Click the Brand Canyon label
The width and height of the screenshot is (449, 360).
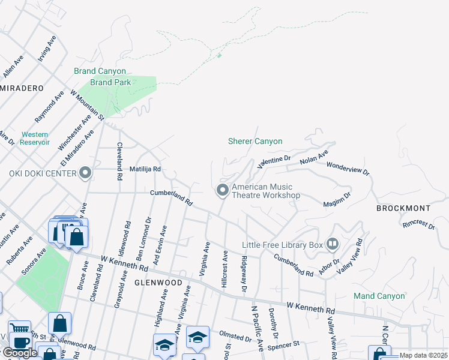coord(100,71)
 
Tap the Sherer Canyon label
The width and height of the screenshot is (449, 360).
coord(255,142)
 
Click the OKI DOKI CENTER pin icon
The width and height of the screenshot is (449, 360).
coord(85,174)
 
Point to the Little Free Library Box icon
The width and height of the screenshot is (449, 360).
coord(333,244)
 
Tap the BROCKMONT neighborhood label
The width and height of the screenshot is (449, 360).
coord(403,208)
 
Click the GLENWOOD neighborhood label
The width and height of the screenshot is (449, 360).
coord(158,282)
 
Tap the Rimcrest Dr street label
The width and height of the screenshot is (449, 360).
coord(418,223)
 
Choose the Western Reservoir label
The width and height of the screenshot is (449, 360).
coord(35,139)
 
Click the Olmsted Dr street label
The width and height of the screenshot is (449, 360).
coord(235,338)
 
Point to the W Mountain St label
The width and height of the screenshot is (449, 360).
coord(88,104)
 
